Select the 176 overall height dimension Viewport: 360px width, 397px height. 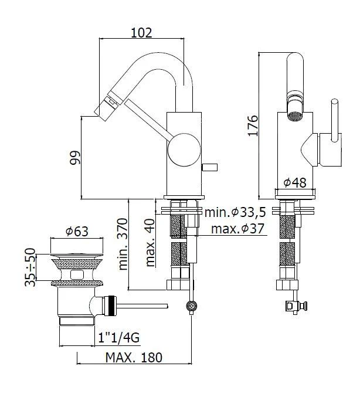pyautogui.click(x=252, y=125)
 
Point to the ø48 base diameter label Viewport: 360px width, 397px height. pyautogui.click(x=294, y=183)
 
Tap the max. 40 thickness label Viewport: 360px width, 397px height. pyautogui.click(x=151, y=243)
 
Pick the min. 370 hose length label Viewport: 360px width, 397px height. pyautogui.click(x=124, y=245)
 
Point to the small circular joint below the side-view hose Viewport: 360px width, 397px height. pyautogui.click(x=191, y=306)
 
